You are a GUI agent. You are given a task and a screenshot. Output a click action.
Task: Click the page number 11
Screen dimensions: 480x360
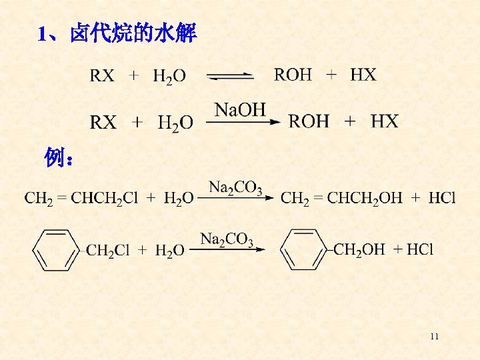(x=435, y=337)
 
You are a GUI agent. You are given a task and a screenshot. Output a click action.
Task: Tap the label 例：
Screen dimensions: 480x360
(x=59, y=159)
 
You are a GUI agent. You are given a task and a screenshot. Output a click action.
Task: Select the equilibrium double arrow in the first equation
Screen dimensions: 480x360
(x=230, y=77)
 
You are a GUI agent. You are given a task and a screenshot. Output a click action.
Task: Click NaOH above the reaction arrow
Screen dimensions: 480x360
(x=240, y=109)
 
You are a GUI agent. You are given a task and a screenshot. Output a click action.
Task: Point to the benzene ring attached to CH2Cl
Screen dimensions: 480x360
(x=56, y=249)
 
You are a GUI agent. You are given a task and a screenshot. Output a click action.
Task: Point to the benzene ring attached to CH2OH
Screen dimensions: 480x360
(x=303, y=249)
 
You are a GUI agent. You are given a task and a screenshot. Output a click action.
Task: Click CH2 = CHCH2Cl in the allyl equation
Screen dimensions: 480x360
(x=81, y=198)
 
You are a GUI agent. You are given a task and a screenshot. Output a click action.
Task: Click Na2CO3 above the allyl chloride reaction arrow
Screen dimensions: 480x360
(x=235, y=187)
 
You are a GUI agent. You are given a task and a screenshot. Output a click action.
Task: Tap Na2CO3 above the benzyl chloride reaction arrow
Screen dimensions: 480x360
(x=227, y=239)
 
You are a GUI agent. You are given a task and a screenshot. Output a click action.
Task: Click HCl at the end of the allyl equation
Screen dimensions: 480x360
(x=442, y=198)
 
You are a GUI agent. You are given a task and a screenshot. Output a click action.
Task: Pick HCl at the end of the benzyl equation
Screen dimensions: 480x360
(x=419, y=250)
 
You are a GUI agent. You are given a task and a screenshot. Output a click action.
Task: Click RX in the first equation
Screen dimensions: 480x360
(x=102, y=75)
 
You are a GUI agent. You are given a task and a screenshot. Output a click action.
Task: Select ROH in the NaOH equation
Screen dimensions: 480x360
(x=309, y=121)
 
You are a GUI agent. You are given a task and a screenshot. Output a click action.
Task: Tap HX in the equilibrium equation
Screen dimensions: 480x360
(x=363, y=75)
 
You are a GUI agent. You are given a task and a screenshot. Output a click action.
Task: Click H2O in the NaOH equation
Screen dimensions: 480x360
(x=175, y=123)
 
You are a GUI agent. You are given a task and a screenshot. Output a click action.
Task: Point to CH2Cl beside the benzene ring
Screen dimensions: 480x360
(x=108, y=251)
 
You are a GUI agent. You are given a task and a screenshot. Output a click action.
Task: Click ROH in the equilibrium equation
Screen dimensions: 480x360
(x=293, y=75)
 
